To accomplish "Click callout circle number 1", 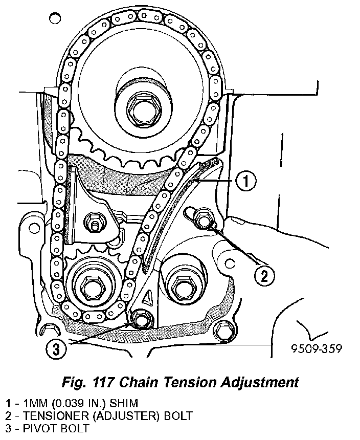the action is (246, 181).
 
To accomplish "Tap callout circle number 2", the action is (263, 276).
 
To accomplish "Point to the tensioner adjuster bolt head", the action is (204, 221).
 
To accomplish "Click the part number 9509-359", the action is (316, 349).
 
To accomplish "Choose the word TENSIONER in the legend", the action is (47, 415).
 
